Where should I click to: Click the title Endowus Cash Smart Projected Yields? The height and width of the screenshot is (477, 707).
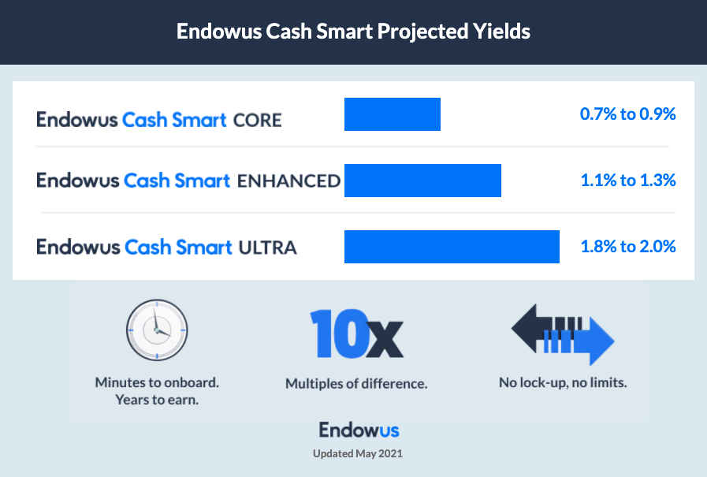(x=353, y=32)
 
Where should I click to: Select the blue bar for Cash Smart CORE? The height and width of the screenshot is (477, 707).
(x=393, y=114)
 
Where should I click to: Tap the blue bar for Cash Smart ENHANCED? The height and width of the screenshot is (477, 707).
(x=422, y=181)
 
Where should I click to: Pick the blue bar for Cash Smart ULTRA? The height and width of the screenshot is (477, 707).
(x=452, y=247)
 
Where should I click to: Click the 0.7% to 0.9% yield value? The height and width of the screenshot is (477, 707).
(x=627, y=114)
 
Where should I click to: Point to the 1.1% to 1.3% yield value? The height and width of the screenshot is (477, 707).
(x=628, y=181)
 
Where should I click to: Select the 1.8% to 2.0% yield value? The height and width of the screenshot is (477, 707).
(x=628, y=247)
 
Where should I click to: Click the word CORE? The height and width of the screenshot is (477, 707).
(x=258, y=121)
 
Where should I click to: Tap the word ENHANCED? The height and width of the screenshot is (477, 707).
(x=288, y=181)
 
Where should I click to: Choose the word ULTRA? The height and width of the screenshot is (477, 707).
(x=267, y=248)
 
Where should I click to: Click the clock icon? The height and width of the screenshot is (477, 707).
(x=157, y=330)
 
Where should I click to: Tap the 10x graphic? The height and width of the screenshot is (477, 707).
(x=356, y=334)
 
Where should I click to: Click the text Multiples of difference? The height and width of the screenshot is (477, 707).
(x=356, y=384)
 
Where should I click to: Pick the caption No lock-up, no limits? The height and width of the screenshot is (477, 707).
(x=563, y=382)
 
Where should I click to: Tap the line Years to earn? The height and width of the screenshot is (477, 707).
(x=157, y=400)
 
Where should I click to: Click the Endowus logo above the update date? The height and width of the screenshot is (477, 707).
(x=359, y=430)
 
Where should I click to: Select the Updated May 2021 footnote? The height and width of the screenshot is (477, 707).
(x=358, y=453)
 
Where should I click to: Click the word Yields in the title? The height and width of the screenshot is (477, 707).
(x=501, y=32)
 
